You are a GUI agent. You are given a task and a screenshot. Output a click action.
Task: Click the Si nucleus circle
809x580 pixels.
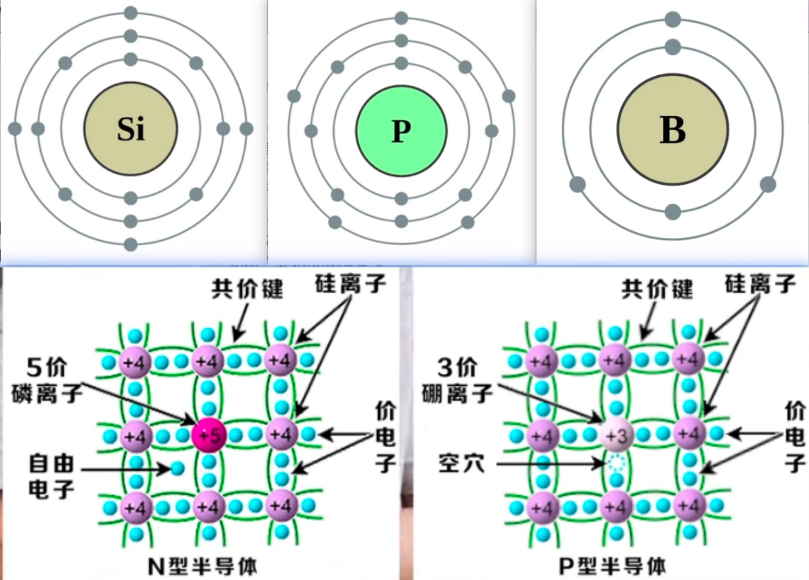pos(130,128)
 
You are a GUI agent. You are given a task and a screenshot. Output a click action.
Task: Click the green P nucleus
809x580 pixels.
pos(401,131)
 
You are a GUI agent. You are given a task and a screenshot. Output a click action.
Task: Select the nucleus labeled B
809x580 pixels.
pos(672,129)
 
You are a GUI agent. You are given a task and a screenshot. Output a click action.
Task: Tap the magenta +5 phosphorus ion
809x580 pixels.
pos(209,435)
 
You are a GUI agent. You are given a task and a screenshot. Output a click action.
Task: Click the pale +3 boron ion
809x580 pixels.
pos(616,435)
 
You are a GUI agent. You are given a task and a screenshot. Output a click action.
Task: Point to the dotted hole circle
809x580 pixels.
pos(616,464)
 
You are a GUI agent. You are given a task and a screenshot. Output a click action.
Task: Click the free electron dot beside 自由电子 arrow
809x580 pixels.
pos(177,468)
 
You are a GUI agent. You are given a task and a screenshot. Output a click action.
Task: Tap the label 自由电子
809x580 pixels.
pos(51,476)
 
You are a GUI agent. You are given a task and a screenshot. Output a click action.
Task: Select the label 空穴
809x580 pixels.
pos(461,464)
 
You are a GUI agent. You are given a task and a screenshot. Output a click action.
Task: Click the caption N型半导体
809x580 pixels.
pos(202,566)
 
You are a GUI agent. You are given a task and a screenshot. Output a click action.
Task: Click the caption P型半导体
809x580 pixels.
pos(612,566)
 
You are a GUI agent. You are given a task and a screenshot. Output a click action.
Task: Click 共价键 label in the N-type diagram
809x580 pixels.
pos(247,288)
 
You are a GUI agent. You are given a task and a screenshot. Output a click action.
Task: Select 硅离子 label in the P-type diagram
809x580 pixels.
pos(760,284)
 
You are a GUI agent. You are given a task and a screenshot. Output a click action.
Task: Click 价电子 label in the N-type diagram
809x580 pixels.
pos(386,437)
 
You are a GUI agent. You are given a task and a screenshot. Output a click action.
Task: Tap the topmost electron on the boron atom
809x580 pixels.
pos(673,20)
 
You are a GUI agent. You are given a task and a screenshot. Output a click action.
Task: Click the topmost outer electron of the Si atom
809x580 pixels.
pos(130,13)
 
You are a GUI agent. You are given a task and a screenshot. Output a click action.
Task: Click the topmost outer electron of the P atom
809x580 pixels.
pos(401,18)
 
